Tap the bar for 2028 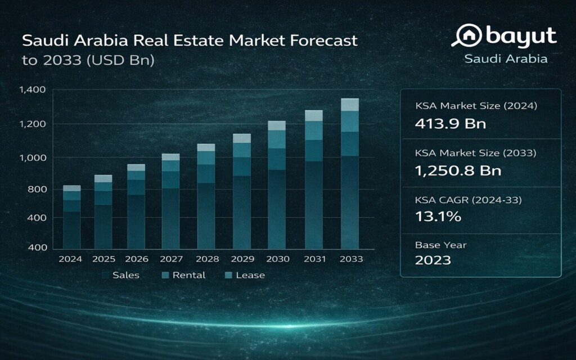(206, 196)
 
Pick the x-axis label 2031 (313, 259)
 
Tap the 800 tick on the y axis (35, 189)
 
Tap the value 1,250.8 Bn (458, 170)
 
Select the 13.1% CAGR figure (438, 216)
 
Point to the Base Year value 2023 (433, 260)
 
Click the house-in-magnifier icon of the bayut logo (466, 37)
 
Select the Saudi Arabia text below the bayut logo (506, 58)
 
